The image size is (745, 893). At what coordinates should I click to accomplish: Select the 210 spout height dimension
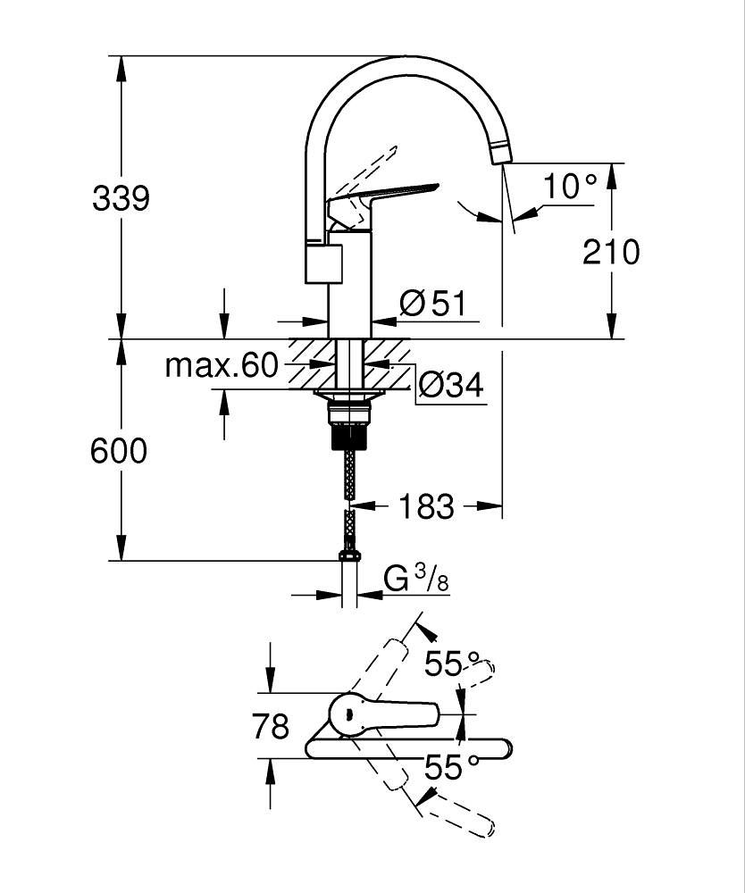pyautogui.click(x=611, y=252)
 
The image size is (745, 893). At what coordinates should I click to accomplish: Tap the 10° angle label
pyautogui.click(x=570, y=187)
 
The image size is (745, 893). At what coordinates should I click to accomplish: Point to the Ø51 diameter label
pyautogui.click(x=433, y=304)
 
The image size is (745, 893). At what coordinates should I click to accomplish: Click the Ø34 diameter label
pyautogui.click(x=450, y=386)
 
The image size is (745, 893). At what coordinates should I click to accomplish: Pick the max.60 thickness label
pyautogui.click(x=222, y=366)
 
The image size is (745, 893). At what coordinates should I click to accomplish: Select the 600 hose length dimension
pyautogui.click(x=119, y=451)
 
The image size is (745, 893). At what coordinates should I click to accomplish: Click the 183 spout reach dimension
pyautogui.click(x=426, y=507)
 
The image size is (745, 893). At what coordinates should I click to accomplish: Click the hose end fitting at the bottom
pyautogui.click(x=350, y=556)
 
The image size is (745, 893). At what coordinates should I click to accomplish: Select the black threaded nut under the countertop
pyautogui.click(x=350, y=437)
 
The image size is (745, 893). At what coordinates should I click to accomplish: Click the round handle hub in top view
pyautogui.click(x=347, y=714)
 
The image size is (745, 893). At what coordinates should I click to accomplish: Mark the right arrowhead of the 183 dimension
pyautogui.click(x=494, y=507)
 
